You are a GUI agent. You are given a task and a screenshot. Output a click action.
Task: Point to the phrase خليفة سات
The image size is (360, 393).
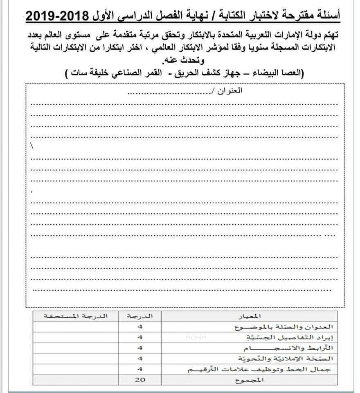point(88,74)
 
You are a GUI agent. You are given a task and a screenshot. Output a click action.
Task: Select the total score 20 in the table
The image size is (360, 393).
point(140,380)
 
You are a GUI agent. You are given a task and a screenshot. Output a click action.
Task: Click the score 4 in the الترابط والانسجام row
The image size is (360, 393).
point(140,348)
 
